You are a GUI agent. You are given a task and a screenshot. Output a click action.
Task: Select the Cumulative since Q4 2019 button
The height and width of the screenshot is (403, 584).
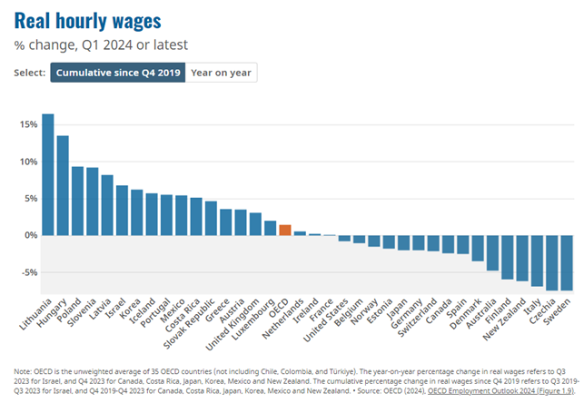(x=119, y=73)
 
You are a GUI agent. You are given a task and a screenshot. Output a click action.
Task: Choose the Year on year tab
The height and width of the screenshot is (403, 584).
(x=223, y=73)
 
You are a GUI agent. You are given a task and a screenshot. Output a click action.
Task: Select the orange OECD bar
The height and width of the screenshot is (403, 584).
(x=285, y=230)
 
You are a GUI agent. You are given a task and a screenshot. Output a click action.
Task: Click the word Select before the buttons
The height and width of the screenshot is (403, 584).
(x=30, y=73)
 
